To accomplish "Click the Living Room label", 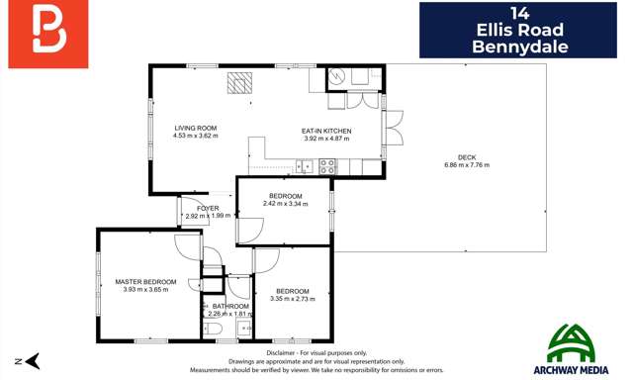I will coord(195,129).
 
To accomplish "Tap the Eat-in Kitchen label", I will coord(326,131).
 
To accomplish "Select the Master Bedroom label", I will coord(145,282).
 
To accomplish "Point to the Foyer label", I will coord(207,208).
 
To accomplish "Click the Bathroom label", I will coord(228,306).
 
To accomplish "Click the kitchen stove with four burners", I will coord(326,166).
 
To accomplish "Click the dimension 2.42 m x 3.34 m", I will coord(286,203).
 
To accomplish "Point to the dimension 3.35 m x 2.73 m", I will coord(293,298).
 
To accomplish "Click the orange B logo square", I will coord(45,29).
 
